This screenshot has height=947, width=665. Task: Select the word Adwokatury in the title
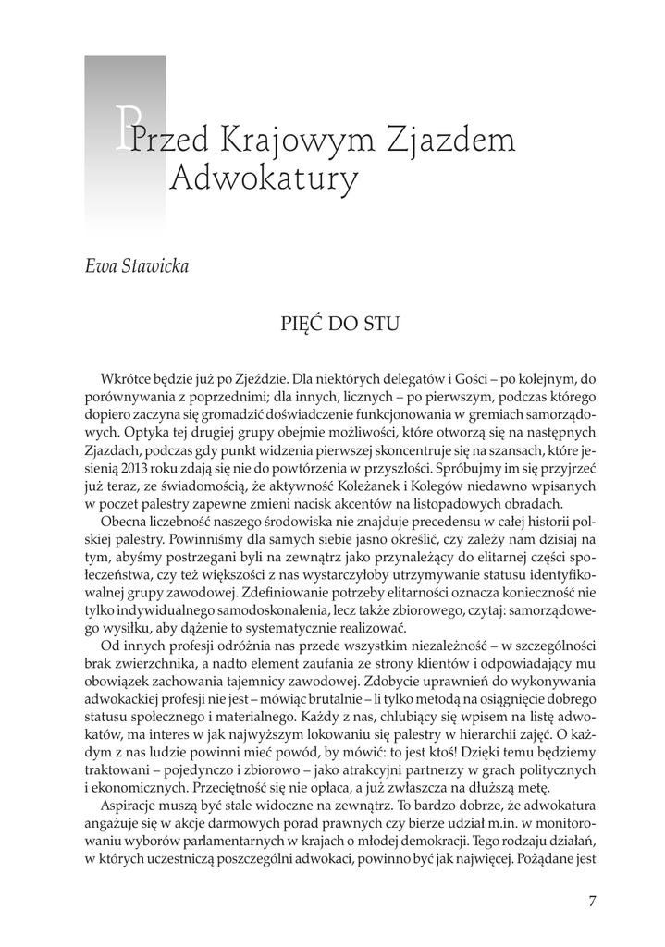[264, 181]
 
